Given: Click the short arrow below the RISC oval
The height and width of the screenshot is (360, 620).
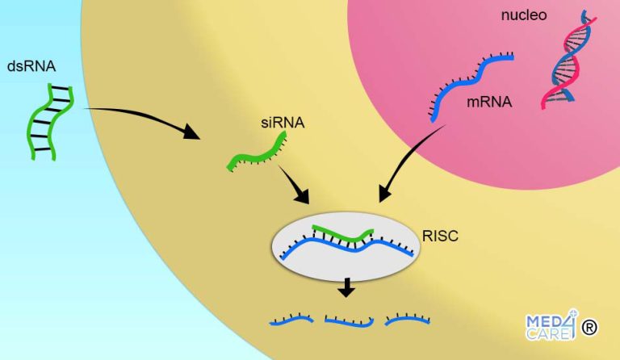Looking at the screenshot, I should coord(346,287).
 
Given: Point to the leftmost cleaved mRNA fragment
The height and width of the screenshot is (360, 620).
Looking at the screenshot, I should coord(291,320).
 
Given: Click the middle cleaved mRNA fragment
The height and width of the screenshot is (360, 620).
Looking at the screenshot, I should coord(349,321).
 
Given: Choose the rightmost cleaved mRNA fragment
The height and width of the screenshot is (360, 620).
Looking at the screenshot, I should coord(407,320).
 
